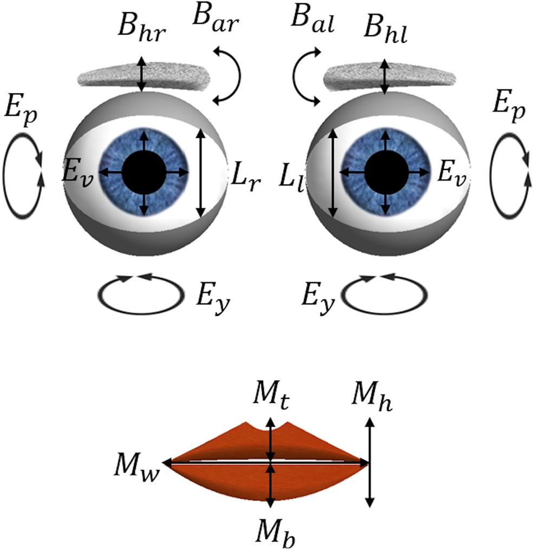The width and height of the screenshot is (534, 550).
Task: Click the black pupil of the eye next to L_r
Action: (144, 173)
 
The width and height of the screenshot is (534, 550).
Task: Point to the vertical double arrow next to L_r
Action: (201, 173)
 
